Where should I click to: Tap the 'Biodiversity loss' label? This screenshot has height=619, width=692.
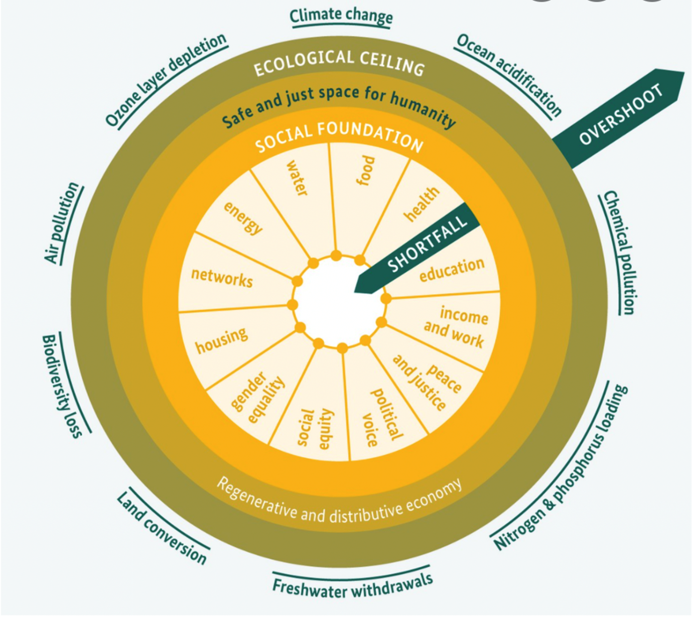point(62,386)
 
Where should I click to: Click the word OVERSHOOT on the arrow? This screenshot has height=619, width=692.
point(621,115)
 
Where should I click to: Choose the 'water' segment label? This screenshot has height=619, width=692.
point(297,178)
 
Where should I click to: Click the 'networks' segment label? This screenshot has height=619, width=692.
point(222,278)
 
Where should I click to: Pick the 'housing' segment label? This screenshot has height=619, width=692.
point(221,340)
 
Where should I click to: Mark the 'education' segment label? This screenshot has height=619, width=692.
point(452,270)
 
